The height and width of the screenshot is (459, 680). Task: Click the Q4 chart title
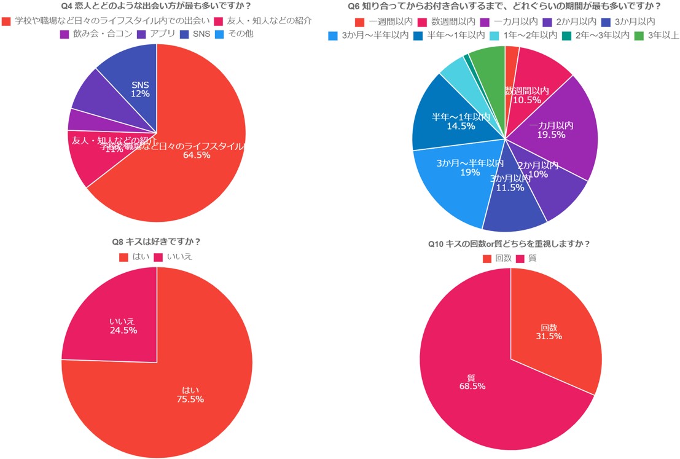click(157, 7)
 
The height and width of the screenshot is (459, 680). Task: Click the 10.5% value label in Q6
click(526, 100)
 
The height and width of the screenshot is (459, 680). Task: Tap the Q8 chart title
click(157, 241)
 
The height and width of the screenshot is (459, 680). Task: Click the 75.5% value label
click(190, 399)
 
